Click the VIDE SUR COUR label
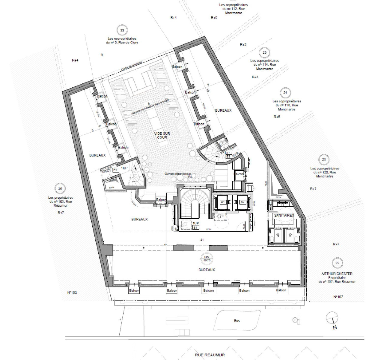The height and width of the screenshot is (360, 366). [x=160, y=135]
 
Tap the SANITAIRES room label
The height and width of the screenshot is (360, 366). [x=283, y=215]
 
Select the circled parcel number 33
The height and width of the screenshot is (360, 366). [x=122, y=30]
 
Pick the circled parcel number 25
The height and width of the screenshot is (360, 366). [x=264, y=52]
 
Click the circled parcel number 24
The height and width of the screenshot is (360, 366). [x=285, y=93]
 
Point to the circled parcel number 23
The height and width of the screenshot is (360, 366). [x=324, y=160]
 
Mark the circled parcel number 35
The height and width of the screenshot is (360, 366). [x=60, y=189]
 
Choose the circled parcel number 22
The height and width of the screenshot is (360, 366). [x=338, y=263]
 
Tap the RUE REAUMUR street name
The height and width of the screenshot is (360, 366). [x=210, y=355]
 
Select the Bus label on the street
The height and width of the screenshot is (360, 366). [x=237, y=321]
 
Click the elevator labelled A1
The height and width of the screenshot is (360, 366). [x=223, y=202]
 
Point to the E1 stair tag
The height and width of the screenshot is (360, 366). [x=195, y=228]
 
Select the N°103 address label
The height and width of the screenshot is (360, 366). [x=72, y=292]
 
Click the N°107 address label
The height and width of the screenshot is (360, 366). [x=338, y=297]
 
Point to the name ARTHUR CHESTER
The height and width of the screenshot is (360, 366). [x=337, y=274]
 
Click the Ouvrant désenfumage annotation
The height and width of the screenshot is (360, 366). [x=178, y=174]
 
